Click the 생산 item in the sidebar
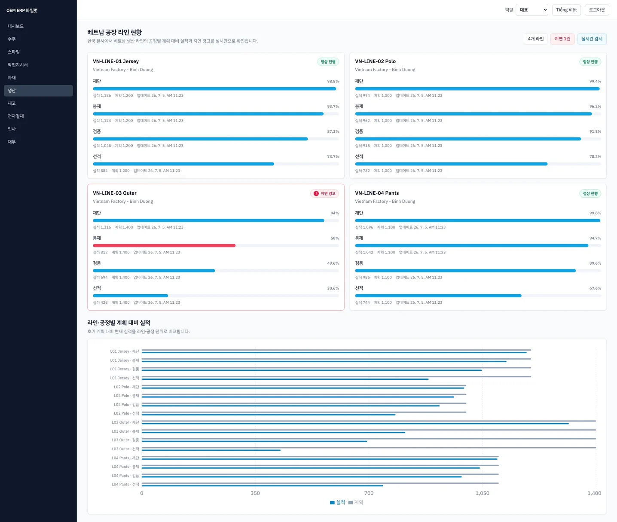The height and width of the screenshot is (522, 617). [x=38, y=90]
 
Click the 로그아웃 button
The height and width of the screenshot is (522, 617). [x=597, y=10]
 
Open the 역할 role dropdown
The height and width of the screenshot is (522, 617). [x=531, y=10]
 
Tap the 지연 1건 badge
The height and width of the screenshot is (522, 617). [x=562, y=39]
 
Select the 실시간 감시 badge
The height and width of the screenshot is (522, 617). [x=592, y=39]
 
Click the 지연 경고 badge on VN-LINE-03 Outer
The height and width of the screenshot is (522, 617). [x=324, y=193]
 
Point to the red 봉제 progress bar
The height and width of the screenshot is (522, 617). [x=164, y=246]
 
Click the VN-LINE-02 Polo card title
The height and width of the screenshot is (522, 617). [x=375, y=61]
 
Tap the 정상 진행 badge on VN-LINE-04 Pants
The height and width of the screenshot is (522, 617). [x=590, y=193]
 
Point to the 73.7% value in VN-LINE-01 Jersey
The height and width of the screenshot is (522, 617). [x=333, y=156]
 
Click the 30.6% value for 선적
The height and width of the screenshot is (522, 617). [x=333, y=288]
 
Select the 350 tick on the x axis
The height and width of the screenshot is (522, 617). [x=255, y=493]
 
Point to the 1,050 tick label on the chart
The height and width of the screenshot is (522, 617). [x=482, y=493]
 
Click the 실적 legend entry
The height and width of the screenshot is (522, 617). [x=337, y=502]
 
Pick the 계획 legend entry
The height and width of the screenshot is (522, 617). [x=355, y=502]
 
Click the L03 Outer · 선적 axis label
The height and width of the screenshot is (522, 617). [x=125, y=449]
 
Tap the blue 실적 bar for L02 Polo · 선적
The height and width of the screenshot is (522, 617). [x=269, y=415]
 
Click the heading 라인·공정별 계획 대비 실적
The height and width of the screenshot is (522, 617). [x=119, y=323]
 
